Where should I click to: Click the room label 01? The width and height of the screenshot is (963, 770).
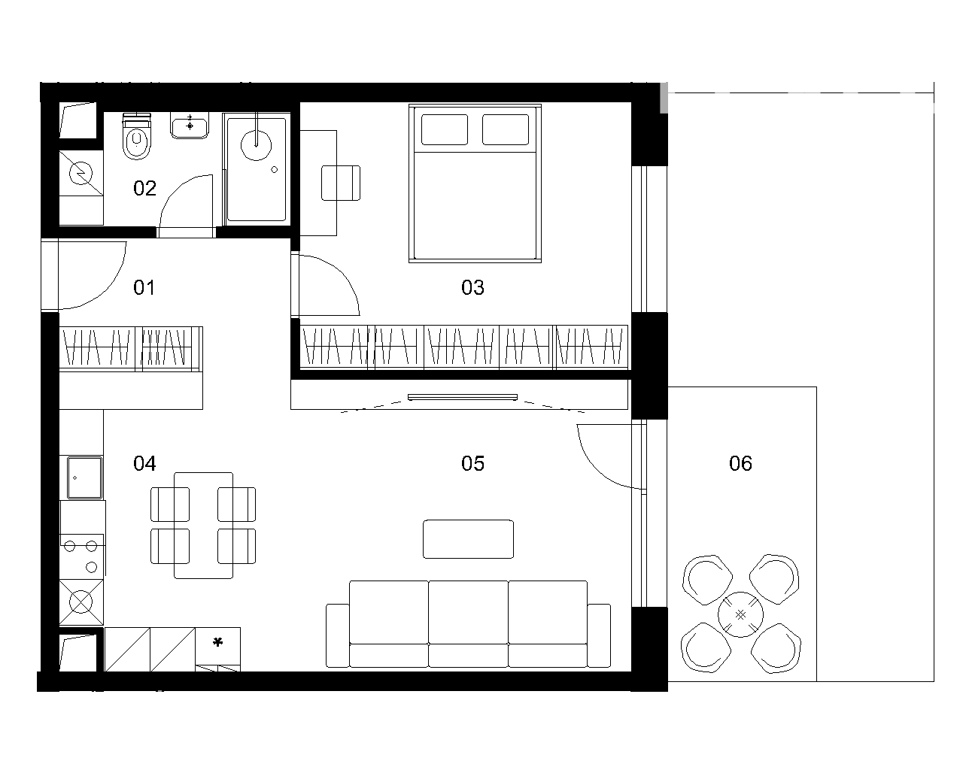tap(144, 288)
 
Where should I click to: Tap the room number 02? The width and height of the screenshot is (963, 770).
tap(144, 188)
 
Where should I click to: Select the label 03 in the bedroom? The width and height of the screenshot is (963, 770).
tap(472, 288)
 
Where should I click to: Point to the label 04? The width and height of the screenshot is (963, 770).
tap(144, 463)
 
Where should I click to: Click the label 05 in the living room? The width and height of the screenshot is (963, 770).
tap(472, 463)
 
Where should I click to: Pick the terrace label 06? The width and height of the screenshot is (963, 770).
tap(740, 463)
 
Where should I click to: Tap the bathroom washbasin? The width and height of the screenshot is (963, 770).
tap(190, 126)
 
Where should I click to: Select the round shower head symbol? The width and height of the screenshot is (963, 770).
tap(256, 145)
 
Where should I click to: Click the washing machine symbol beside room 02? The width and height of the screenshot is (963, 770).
tap(81, 173)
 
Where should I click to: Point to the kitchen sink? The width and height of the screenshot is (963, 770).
tap(84, 477)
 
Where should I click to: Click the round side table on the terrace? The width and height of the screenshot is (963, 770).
tap(740, 615)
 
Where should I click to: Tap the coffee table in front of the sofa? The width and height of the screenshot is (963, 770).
tap(468, 538)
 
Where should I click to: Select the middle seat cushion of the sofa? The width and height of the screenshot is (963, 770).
tap(468, 612)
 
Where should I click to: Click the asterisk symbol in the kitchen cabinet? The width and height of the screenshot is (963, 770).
tap(217, 642)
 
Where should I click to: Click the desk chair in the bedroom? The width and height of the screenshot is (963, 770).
tap(341, 183)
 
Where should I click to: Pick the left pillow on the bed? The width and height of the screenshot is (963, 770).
tap(445, 129)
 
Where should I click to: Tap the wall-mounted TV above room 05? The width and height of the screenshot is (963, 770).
tap(462, 397)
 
